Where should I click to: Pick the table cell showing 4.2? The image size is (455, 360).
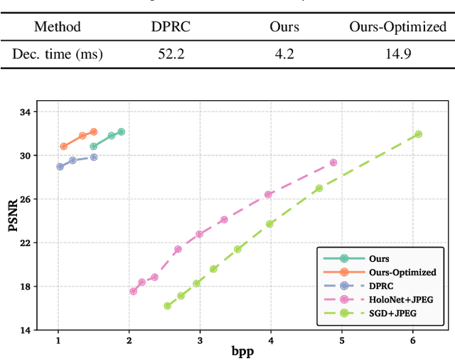pos(284,53)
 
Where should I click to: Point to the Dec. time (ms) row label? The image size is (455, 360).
pos(57,53)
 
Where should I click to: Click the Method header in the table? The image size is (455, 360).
pos(57,27)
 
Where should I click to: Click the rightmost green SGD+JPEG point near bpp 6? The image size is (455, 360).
pos(418,134)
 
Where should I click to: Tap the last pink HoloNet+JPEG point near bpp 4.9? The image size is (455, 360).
pos(333,163)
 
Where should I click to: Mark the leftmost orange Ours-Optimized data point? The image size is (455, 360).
pos(63,147)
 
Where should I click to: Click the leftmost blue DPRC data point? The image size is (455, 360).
pos(60,166)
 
